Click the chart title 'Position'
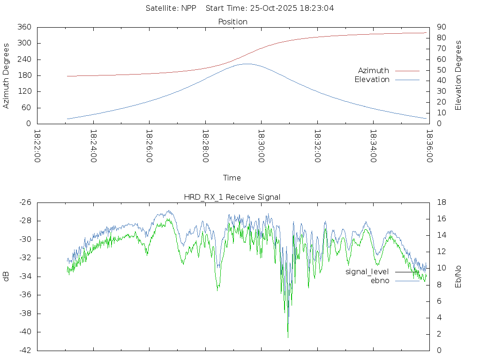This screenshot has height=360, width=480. click(x=232, y=22)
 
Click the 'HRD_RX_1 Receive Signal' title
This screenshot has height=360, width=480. click(x=232, y=197)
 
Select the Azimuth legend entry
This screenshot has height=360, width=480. click(x=374, y=71)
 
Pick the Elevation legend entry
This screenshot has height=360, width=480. click(x=372, y=80)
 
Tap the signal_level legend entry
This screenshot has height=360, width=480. click(x=367, y=272)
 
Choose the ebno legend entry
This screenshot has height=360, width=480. click(x=380, y=281)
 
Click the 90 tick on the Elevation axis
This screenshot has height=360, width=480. click(x=441, y=27)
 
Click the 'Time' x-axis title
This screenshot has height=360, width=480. click(x=232, y=178)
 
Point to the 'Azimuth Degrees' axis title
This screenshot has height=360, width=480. click(x=7, y=75)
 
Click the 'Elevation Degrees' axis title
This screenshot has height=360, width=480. click(x=458, y=75)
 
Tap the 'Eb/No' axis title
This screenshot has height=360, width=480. click(x=458, y=277)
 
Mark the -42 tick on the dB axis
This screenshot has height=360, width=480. click(x=24, y=351)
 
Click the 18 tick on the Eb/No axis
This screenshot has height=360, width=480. click(x=441, y=202)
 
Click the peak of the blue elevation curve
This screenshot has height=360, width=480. click(x=247, y=64)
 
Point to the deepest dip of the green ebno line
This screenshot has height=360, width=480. click(x=288, y=337)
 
